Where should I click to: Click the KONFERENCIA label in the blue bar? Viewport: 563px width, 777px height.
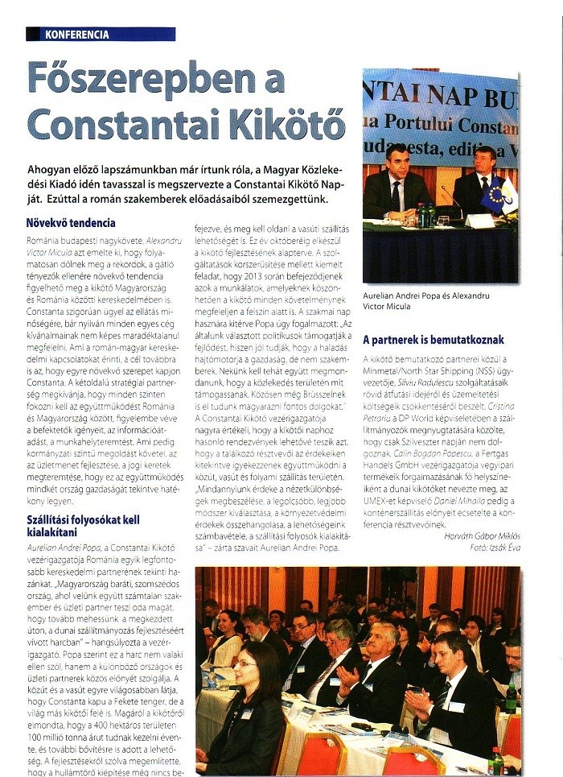77,35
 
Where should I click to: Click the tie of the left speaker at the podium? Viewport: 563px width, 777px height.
395,196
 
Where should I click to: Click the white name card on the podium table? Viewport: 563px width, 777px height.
479,220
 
